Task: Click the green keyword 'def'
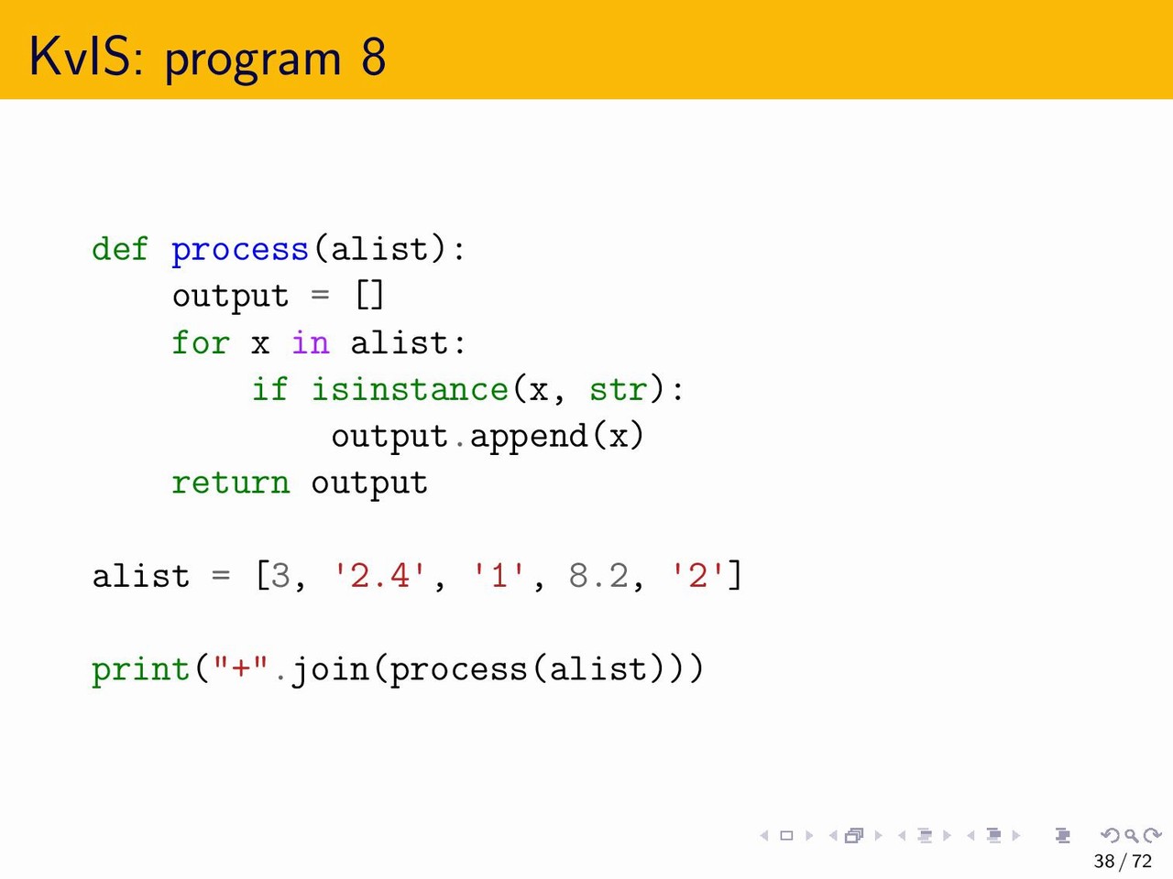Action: coord(120,249)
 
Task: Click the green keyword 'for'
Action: coord(201,342)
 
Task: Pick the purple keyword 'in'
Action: coord(310,342)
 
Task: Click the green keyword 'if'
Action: coord(269,388)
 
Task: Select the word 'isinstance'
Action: coord(410,388)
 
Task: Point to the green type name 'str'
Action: coord(619,390)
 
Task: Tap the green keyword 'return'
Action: coord(231,483)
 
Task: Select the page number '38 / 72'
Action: coord(1123,862)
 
